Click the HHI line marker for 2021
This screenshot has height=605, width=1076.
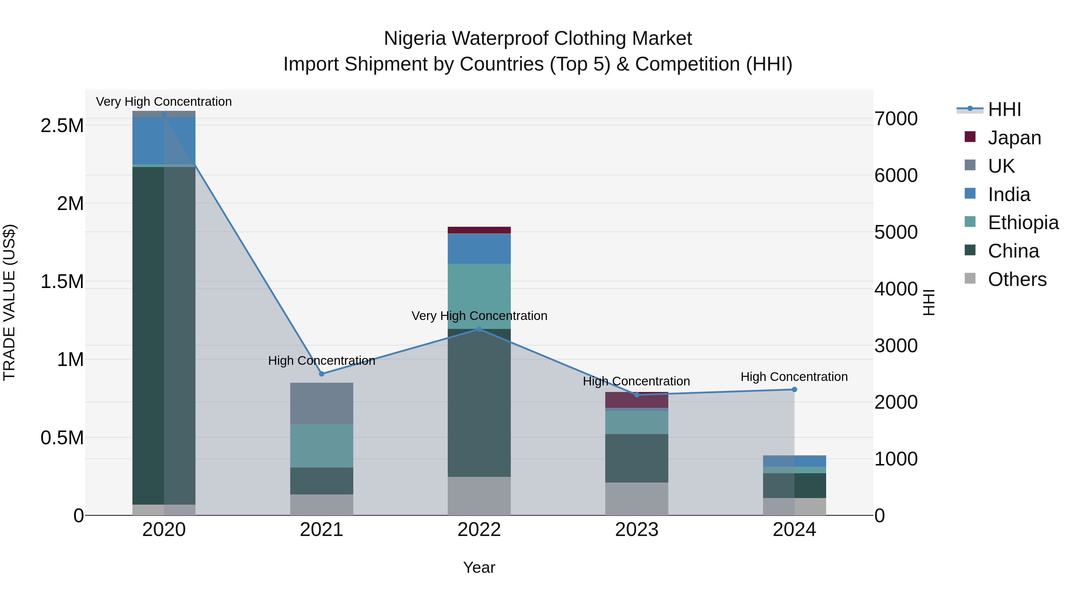tap(322, 374)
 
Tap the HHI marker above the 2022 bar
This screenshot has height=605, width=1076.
tap(479, 329)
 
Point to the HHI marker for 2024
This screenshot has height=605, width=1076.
tap(794, 390)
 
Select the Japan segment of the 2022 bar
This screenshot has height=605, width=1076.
tap(479, 230)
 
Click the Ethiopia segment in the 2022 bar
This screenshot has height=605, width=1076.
tap(479, 296)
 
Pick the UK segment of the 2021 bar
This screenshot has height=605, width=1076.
tap(322, 403)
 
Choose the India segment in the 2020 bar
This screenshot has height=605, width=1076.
tap(164, 141)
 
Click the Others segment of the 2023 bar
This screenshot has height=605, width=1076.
tap(637, 499)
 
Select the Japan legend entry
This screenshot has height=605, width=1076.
tap(1014, 138)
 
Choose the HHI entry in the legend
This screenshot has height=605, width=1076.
tap(1004, 109)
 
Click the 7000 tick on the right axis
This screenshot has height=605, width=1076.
tap(896, 119)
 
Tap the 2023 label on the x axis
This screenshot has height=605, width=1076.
tap(637, 529)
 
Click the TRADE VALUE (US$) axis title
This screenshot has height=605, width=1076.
tap(9, 302)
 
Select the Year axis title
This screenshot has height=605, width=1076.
tap(479, 567)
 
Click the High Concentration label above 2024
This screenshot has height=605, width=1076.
tap(794, 377)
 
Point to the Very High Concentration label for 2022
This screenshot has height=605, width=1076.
tap(479, 316)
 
